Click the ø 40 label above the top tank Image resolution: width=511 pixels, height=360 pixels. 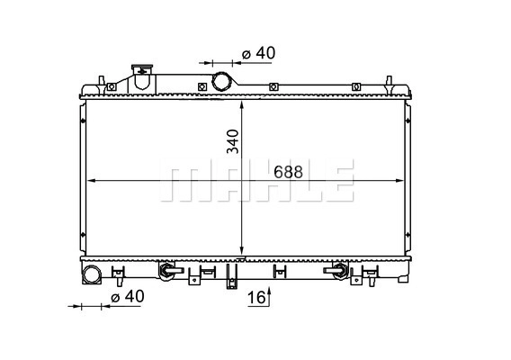[259, 53]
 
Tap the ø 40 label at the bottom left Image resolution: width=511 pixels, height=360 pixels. [128, 296]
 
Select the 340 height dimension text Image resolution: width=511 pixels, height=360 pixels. [233, 141]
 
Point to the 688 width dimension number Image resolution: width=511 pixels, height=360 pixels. [288, 172]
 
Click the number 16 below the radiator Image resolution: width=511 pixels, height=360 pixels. [256, 297]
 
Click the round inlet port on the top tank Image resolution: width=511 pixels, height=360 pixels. [221, 82]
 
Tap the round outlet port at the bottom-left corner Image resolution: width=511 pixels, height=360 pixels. [92, 274]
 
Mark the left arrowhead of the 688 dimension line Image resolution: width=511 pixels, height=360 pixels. [93, 181]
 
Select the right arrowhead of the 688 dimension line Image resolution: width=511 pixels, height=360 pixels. [399, 181]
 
